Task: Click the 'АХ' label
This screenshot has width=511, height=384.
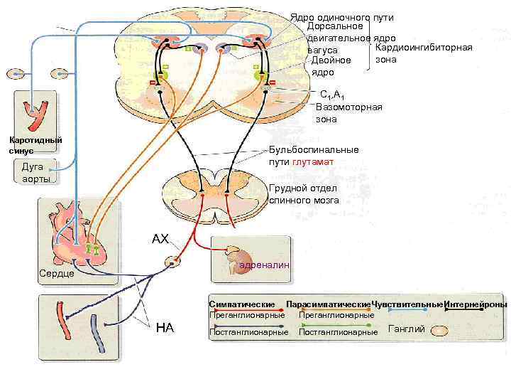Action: coord(160,239)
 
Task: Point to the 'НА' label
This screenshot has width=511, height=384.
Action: coord(165,327)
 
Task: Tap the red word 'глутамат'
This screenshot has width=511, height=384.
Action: coord(313,161)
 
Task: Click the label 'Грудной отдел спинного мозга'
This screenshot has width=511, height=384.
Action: coord(304,194)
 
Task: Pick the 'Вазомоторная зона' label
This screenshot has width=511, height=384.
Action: coord(348,113)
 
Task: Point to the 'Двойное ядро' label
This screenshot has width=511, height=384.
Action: coord(331,67)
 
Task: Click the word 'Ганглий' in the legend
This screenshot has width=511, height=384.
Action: coord(407,329)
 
